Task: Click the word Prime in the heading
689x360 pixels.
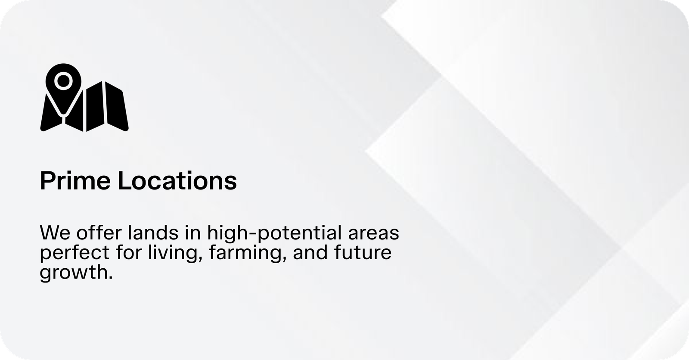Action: [75, 180]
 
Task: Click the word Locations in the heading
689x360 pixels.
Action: [177, 180]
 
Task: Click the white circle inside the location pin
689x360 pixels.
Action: [64, 81]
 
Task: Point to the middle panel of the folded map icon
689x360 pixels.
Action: [94, 106]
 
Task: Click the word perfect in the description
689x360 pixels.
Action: [74, 253]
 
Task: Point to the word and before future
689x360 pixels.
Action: [310, 252]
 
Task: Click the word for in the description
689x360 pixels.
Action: [129, 252]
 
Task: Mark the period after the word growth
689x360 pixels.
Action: [110, 278]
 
